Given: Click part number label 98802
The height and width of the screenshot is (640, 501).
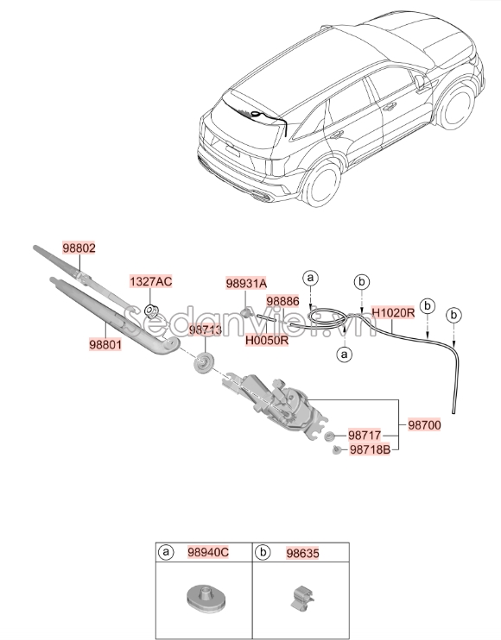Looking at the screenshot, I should (x=79, y=248).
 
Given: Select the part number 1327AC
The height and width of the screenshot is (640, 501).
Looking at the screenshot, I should (x=151, y=282).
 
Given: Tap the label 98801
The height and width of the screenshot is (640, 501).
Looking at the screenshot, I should (x=105, y=342).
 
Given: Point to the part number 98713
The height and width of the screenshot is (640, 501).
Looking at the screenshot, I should (x=206, y=330).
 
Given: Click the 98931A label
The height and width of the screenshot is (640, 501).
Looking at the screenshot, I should (x=246, y=283).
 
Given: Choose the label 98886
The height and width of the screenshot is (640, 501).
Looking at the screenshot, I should (x=282, y=301).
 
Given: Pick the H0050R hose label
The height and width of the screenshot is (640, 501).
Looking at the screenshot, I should (x=266, y=340).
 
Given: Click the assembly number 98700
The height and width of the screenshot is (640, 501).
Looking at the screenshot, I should (x=425, y=426).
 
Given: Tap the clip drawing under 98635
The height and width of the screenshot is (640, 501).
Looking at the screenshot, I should (x=298, y=597).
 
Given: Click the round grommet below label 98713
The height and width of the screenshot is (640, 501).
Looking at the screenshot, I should (x=204, y=362).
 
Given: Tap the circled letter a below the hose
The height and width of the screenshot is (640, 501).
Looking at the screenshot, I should (x=344, y=354).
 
